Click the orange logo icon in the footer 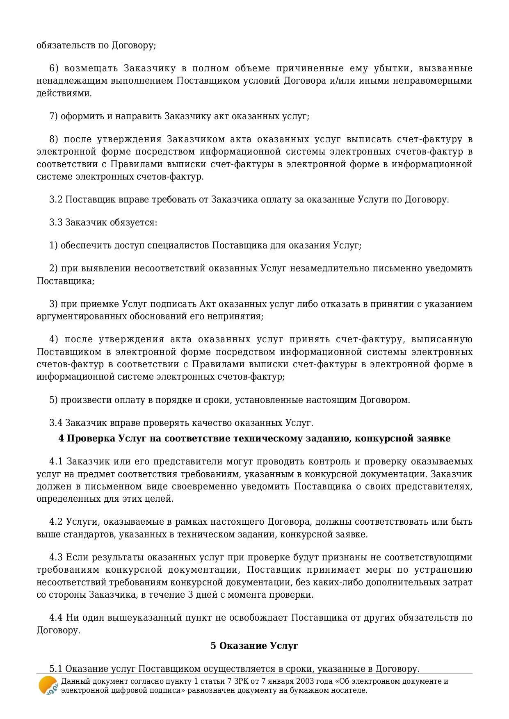[x=48, y=685]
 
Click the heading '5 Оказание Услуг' [x=254, y=646]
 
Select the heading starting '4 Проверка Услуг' [x=254, y=438]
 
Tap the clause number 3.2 [x=55, y=200]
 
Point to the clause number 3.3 [x=55, y=223]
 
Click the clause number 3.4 [x=55, y=423]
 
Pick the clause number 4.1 [x=56, y=462]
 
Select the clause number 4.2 [x=56, y=522]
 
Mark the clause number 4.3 [x=56, y=557]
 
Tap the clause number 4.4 [x=56, y=617]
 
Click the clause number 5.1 [x=55, y=669]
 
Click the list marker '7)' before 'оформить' [x=54, y=116]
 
